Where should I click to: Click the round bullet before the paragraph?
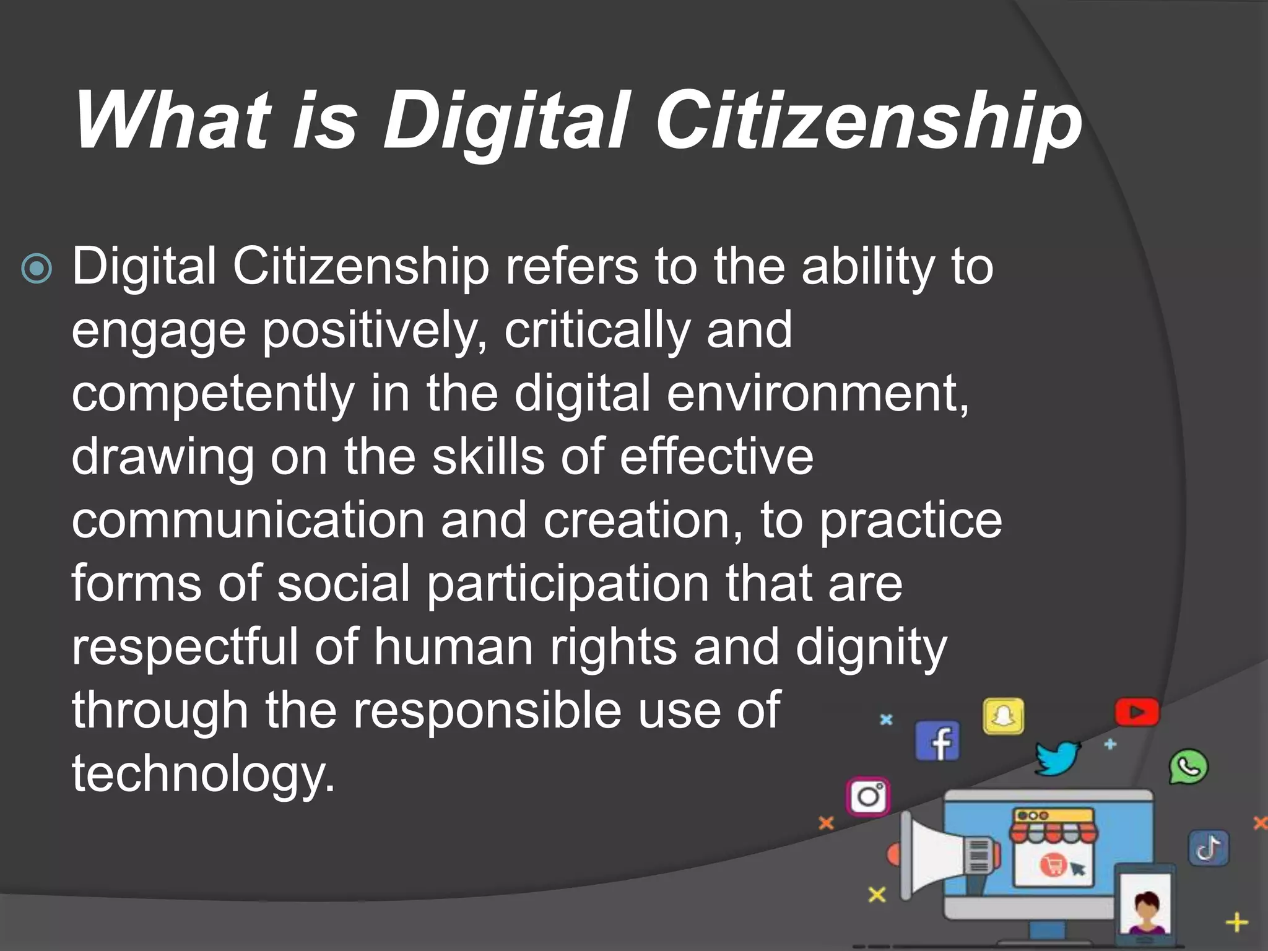click(x=37, y=269)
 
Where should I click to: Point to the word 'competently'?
click(x=213, y=394)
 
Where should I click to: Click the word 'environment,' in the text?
click(x=817, y=394)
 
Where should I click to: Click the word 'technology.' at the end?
click(x=203, y=775)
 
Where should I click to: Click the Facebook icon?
click(x=937, y=741)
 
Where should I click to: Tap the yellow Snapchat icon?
click(x=1003, y=716)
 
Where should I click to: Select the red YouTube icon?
click(x=1137, y=713)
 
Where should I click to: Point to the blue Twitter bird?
click(x=1057, y=757)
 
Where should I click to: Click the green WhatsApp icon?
click(x=1188, y=767)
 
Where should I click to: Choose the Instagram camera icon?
click(x=868, y=796)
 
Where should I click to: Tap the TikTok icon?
click(x=1209, y=848)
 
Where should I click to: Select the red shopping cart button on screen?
click(x=1052, y=864)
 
